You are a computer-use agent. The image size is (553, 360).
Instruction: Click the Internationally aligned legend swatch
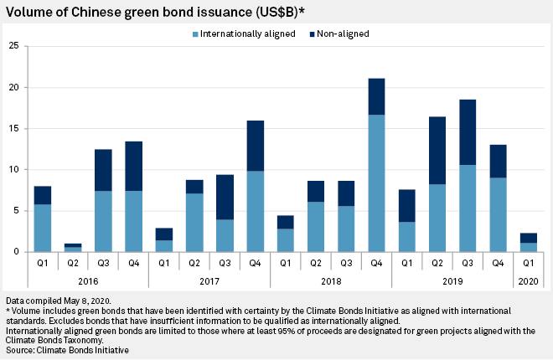click(194, 34)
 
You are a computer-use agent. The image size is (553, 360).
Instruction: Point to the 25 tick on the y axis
click(13, 46)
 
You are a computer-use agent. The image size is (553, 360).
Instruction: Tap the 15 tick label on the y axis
click(13, 128)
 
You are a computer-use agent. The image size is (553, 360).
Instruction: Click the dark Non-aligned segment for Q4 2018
click(377, 96)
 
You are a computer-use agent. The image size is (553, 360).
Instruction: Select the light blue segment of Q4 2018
click(377, 183)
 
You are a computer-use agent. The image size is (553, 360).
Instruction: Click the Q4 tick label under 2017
click(256, 263)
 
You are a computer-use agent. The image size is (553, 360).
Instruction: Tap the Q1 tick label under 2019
click(406, 263)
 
